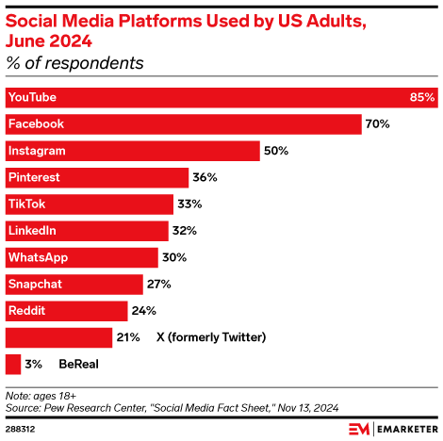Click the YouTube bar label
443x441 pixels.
coord(32,98)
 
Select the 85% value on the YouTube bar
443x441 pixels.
coord(422,98)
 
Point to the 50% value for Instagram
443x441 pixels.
coord(276,151)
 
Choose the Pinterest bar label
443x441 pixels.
coord(33,177)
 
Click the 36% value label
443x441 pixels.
coord(205,177)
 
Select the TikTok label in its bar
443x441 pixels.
coord(26,204)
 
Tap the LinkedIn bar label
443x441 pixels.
coord(31,230)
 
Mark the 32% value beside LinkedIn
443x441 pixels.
coord(184,230)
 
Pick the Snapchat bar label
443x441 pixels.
coord(34,284)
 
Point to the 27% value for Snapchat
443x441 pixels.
coord(157,284)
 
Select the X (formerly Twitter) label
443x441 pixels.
coord(210,336)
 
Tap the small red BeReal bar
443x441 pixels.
coord(13,363)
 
